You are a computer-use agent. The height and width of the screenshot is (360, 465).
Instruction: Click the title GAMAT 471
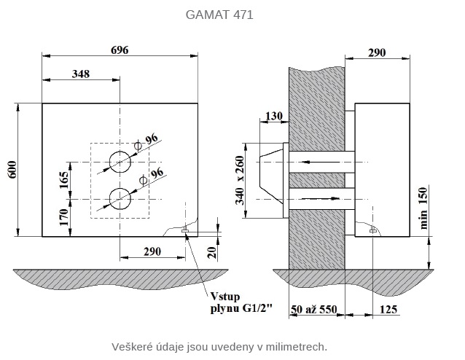point(219,15)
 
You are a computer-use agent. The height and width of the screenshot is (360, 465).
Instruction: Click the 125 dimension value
point(388,310)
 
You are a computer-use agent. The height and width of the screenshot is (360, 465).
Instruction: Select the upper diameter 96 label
point(151,139)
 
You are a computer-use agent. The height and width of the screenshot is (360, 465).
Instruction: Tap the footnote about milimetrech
point(219,346)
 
